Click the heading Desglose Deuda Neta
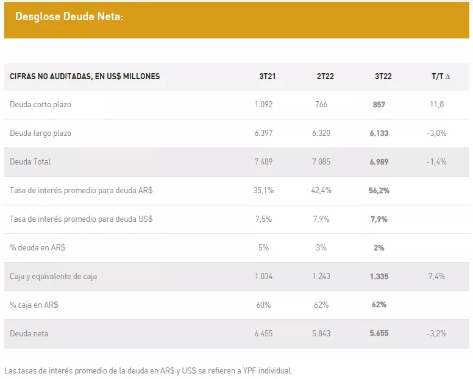click(69, 17)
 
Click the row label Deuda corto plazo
click(40, 104)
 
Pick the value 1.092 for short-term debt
click(264, 104)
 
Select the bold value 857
click(379, 104)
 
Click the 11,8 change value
click(437, 104)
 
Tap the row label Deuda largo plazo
click(40, 133)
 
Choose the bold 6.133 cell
click(379, 133)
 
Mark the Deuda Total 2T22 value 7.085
click(322, 161)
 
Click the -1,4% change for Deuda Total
click(437, 161)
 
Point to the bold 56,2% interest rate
click(379, 190)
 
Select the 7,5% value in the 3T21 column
click(264, 219)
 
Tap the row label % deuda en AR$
click(38, 247)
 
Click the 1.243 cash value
click(322, 276)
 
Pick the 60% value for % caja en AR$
click(264, 305)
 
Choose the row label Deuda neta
click(29, 333)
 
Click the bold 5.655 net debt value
click(379, 333)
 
